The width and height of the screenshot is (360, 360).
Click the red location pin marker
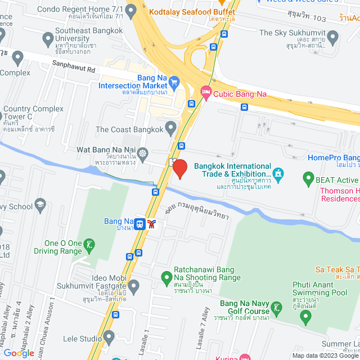click(x=179, y=168)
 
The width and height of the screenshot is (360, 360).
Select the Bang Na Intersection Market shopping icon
click(x=174, y=82)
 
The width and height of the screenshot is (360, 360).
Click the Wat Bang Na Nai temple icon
click(x=143, y=153)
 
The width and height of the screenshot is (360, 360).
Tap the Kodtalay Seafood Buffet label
click(x=191, y=11)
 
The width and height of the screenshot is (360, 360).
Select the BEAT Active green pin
click(x=308, y=179)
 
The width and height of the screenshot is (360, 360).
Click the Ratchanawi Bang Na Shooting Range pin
click(x=166, y=277)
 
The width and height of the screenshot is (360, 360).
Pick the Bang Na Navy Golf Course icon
click(x=276, y=308)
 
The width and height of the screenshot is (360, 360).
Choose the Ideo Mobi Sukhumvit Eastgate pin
click(x=133, y=287)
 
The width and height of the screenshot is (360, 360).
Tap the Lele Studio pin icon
click(x=109, y=337)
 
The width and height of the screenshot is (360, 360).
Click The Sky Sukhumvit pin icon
click(x=332, y=38)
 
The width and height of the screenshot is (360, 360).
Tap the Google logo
click(x=19, y=353)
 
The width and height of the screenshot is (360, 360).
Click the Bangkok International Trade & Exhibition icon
click(x=278, y=174)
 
